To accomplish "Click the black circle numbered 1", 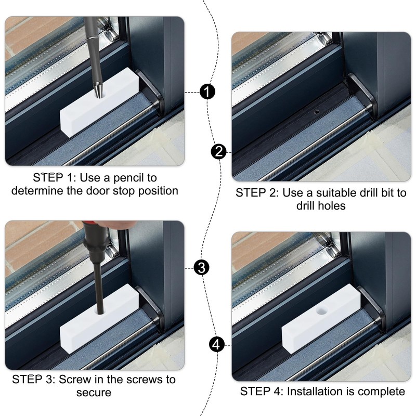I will click(207, 93).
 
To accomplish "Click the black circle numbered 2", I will click(219, 151).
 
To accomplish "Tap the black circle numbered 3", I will click(201, 268).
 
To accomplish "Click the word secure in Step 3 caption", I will click(94, 393).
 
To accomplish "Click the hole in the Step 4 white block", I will click(321, 311).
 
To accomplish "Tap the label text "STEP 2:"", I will click(257, 193).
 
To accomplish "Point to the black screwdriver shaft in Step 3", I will click(98, 281).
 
